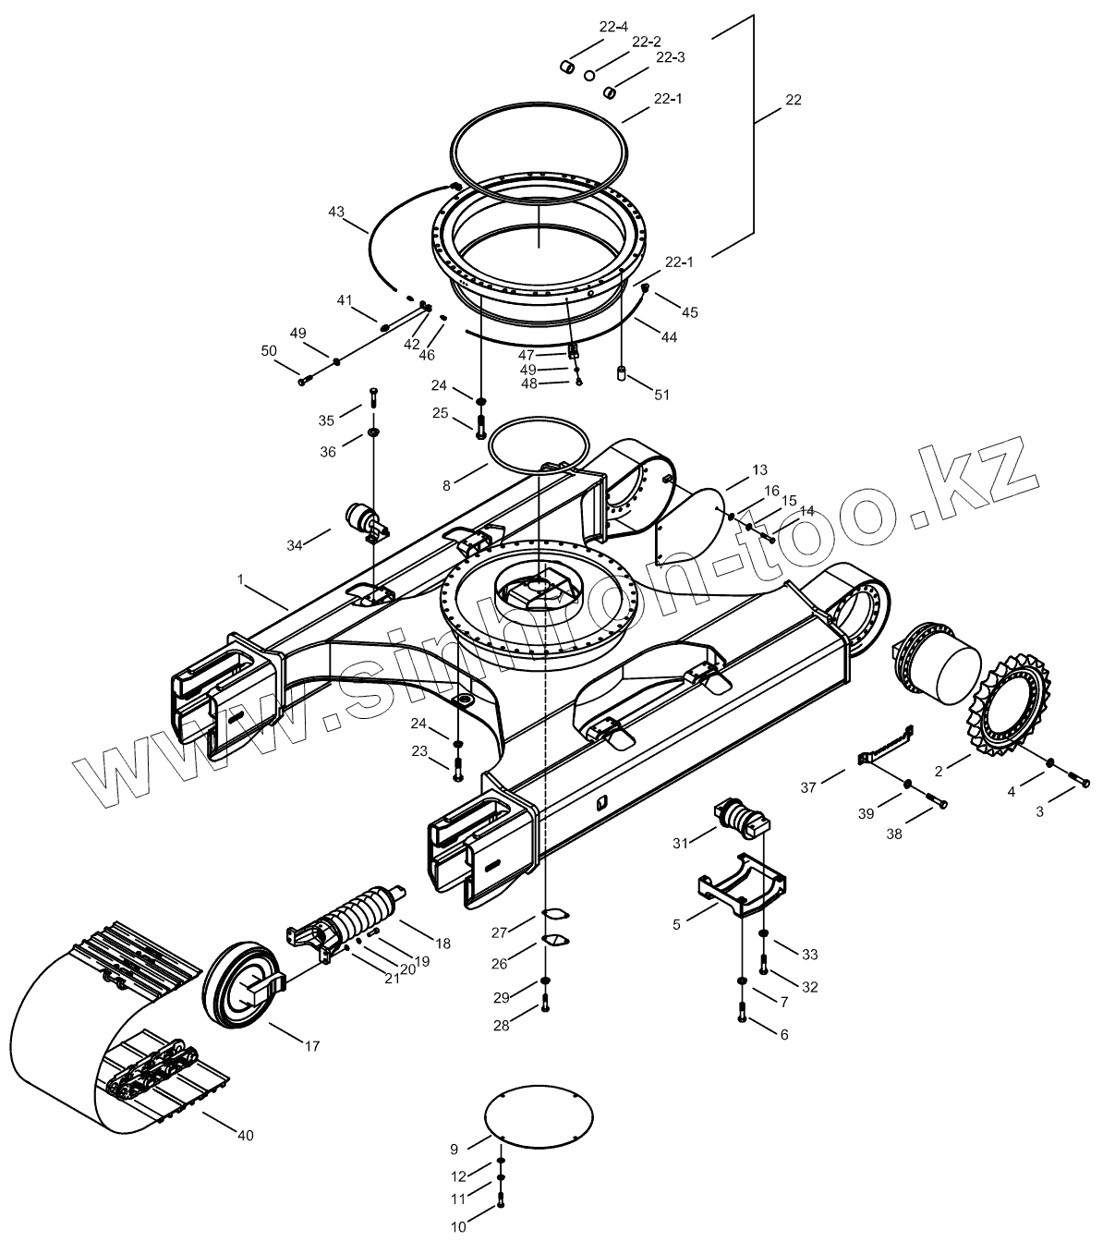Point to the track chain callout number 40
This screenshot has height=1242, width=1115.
point(244,1135)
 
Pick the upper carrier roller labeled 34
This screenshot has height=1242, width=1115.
point(363,520)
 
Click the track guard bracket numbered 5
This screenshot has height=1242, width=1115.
point(740,888)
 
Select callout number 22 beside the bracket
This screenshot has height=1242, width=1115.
point(793,99)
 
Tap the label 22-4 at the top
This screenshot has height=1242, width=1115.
point(613,27)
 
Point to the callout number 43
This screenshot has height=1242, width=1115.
point(336,213)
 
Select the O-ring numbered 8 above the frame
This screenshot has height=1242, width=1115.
point(539,444)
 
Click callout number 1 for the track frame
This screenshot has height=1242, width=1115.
point(240,579)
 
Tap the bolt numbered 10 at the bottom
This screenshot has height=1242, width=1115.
point(500,1202)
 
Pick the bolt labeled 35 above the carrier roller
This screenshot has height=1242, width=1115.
point(373,398)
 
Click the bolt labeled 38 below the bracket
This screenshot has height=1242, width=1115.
point(935,802)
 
